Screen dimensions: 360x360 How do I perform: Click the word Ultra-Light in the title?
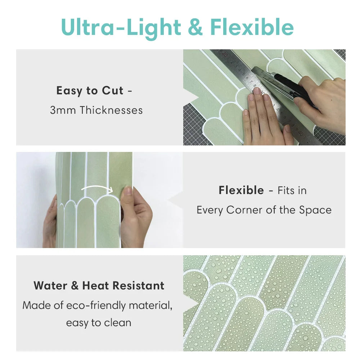(x=121, y=28)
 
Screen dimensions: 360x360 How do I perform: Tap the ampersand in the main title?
(x=195, y=28)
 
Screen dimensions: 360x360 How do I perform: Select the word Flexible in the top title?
(x=252, y=28)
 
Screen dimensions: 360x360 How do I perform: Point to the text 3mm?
(x=63, y=110)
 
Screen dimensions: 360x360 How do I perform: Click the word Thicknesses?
(x=111, y=110)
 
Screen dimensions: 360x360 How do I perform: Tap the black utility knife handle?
(x=293, y=86)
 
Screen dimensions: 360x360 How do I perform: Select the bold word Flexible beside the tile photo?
(x=241, y=190)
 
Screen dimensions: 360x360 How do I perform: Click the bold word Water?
(x=51, y=286)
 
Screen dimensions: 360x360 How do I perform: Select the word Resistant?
(x=138, y=286)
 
